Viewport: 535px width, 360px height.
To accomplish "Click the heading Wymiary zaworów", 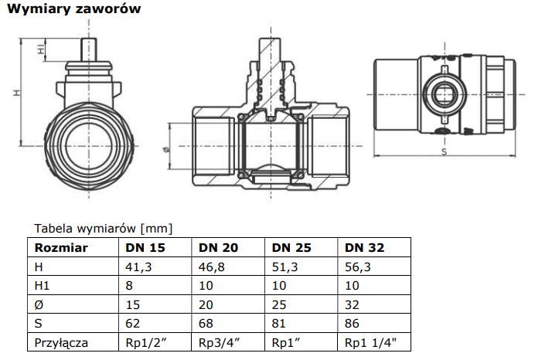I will [x=73, y=10].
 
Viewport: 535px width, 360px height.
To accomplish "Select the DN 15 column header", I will [x=145, y=248].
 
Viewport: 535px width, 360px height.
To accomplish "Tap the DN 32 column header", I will [x=364, y=248].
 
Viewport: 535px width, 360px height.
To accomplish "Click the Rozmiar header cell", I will [x=61, y=248].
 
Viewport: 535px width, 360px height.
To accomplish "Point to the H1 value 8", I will [x=130, y=285].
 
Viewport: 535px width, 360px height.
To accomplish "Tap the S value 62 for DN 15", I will [x=133, y=322].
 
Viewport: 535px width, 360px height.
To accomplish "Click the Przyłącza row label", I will [x=62, y=341].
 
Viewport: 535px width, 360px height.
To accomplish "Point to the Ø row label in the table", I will [x=39, y=304].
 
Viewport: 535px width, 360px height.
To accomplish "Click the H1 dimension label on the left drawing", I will [x=40, y=49].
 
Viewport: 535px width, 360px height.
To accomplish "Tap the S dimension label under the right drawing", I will [x=444, y=151].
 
